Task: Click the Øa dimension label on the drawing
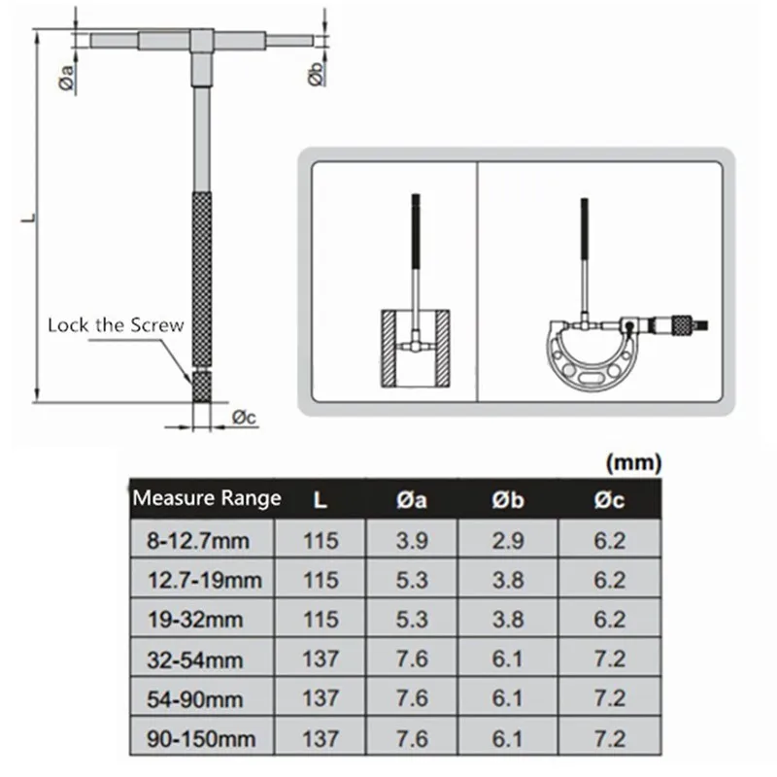(66, 78)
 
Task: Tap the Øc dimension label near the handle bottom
(245, 418)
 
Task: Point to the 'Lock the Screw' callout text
(116, 325)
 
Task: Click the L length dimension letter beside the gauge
(30, 217)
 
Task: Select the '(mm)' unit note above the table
(634, 462)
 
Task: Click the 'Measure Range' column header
(207, 498)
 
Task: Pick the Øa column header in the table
(412, 500)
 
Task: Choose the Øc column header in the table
(610, 500)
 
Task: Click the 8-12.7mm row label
(198, 541)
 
